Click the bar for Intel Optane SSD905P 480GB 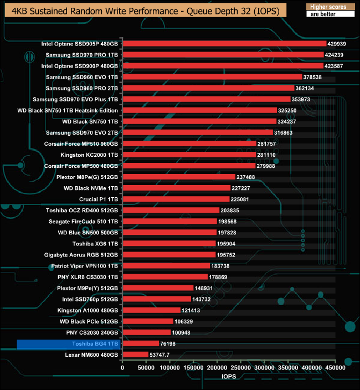pos(224,44)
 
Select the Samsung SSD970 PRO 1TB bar pos(223,55)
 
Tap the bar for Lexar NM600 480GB pos(135,355)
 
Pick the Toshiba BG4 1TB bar pos(140,343)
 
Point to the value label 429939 pos(339,44)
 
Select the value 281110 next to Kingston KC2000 pos(268,155)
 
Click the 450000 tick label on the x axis pos(335,367)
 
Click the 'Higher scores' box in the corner pos(329,7)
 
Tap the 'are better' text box pos(329,15)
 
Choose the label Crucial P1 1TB pos(99,199)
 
